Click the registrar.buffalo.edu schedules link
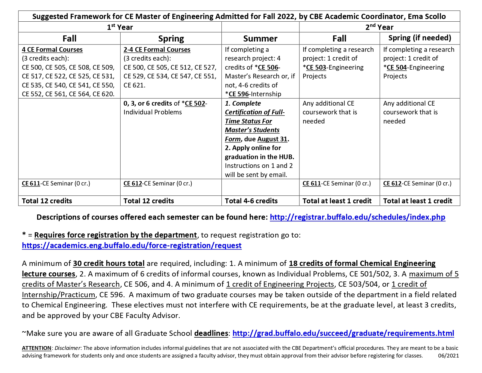pos(357,217)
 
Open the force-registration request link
pos(132,245)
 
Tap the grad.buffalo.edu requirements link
pos(343,334)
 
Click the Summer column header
pos(260,39)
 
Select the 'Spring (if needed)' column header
pos(419,38)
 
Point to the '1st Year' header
pos(120,27)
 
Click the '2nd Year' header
pos(379,27)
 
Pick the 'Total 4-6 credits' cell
pos(251,201)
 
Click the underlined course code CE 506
pos(268,68)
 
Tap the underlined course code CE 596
pos(239,94)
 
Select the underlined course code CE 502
pos(195,104)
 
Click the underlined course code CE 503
pos(316,68)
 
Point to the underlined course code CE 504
pos(397,68)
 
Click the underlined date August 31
pos(272,139)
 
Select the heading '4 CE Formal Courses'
pos(52,50)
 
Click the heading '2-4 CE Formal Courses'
pos(157,50)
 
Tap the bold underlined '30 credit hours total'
pos(109,264)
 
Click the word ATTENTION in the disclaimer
pos(37,348)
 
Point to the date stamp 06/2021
pos(448,356)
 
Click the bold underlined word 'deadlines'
pos(211,334)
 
